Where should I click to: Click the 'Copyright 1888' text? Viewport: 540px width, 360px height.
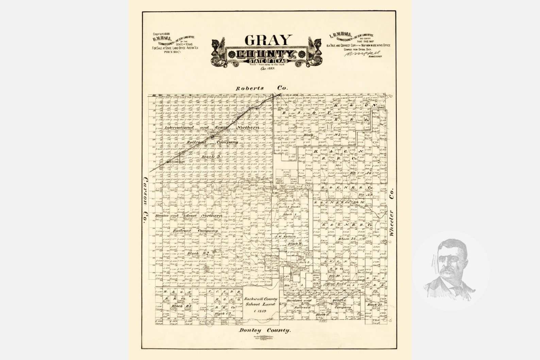pos(162,34)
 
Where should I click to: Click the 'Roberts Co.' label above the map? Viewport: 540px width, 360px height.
pos(262,88)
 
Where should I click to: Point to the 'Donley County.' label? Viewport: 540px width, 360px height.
pos(265,330)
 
